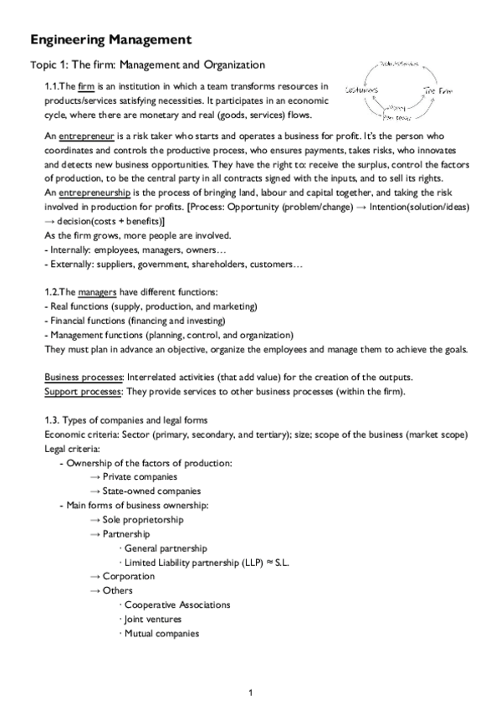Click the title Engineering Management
pyautogui.click(x=110, y=39)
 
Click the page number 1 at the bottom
pyautogui.click(x=251, y=692)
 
